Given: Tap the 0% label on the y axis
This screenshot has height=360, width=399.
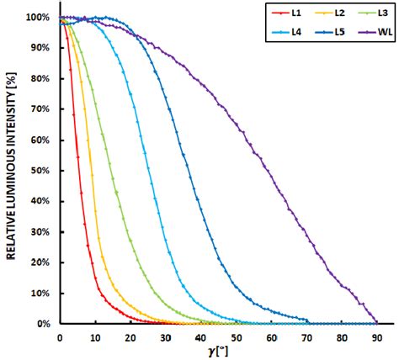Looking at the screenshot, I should (x=43, y=324).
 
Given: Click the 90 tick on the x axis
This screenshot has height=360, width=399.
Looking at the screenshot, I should (x=376, y=336).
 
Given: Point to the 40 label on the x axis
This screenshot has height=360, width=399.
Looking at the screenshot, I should (x=199, y=336).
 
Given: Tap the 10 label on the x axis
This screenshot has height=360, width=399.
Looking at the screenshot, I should (x=94, y=336).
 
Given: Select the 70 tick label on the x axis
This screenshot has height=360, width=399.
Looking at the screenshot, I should (x=306, y=336).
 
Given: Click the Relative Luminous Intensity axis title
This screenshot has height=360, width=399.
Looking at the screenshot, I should (x=13, y=168).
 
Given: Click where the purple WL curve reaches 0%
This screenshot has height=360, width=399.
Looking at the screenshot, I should (x=375, y=322).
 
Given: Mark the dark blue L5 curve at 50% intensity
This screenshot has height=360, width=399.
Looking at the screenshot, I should (x=185, y=171).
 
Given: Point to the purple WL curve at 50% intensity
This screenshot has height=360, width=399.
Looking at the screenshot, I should (x=279, y=171).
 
